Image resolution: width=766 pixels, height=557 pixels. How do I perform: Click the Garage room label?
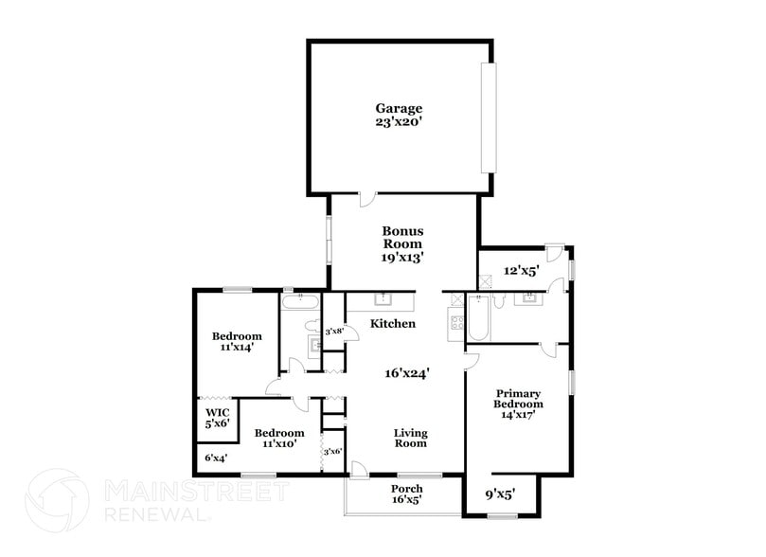398,109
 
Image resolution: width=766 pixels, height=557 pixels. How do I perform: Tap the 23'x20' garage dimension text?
398,122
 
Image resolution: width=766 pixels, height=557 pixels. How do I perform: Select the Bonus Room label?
402,237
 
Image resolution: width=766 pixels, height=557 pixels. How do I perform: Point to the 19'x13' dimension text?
402,256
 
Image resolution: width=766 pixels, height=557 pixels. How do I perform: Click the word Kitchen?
393,324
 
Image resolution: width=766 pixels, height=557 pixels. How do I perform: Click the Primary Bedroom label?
518,398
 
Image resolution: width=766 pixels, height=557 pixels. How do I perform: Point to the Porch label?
406,489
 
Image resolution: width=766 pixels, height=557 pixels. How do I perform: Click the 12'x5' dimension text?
521,271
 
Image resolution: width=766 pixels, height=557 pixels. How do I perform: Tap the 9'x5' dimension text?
500,494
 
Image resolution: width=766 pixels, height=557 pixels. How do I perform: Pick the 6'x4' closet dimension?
217,458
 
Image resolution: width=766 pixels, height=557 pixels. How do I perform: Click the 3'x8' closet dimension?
334,332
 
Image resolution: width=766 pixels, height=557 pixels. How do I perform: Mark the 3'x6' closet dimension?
332,452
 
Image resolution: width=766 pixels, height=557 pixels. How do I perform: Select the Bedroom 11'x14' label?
237,342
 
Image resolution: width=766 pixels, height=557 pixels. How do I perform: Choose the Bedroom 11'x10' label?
279,439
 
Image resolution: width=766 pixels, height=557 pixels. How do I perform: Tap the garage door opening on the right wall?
487,118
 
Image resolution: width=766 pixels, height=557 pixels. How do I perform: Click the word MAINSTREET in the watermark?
194,492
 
